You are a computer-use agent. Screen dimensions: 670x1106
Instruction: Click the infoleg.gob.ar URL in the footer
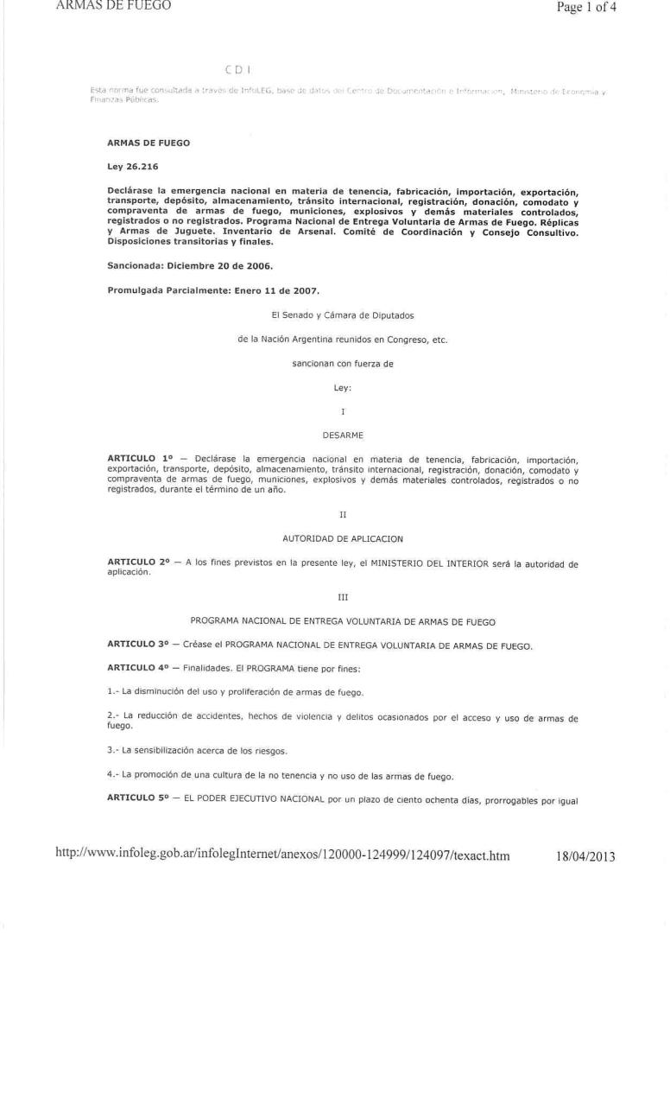click(282, 856)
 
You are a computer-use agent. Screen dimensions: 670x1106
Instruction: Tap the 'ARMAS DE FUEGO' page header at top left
click(113, 6)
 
